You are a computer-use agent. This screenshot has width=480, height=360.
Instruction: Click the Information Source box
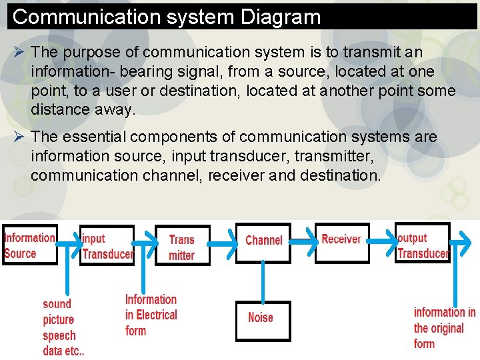[x=29, y=245]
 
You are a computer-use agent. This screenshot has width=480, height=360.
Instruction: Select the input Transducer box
[x=107, y=245]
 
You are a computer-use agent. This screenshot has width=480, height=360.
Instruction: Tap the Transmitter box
[x=182, y=247]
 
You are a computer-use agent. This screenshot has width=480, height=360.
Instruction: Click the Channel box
[x=263, y=241]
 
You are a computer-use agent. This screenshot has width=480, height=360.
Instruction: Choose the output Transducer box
[x=422, y=244]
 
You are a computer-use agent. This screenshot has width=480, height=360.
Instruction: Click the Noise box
[x=263, y=319]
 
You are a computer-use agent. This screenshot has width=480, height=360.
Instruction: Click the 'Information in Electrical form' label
[x=151, y=315]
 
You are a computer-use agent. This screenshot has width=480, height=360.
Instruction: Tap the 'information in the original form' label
[x=443, y=328]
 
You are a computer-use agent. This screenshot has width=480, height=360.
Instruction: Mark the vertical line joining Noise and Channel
[x=264, y=282]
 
